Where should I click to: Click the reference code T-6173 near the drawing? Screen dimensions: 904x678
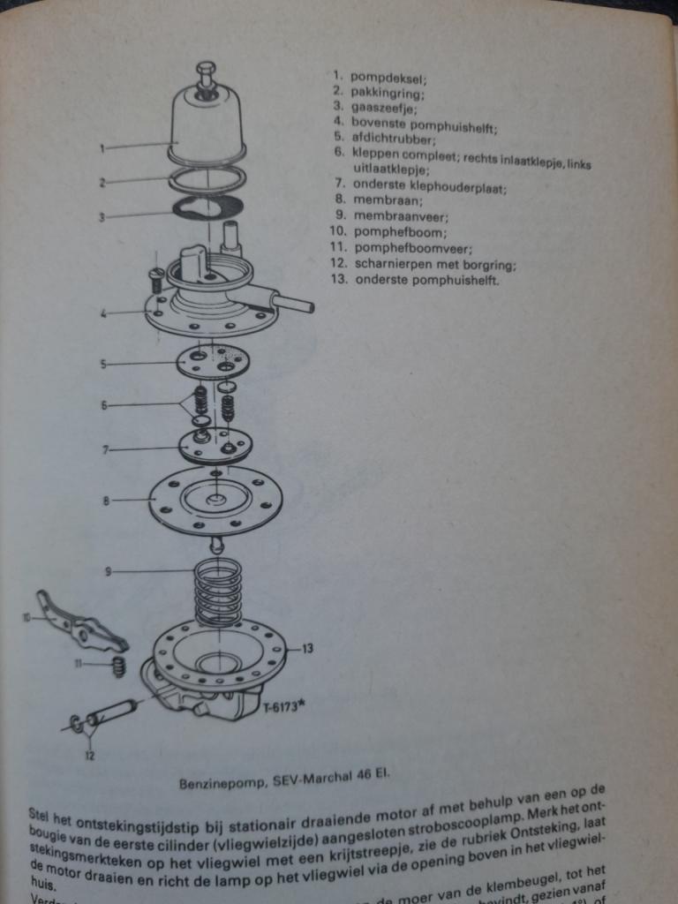281,708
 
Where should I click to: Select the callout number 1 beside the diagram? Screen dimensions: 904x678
102,148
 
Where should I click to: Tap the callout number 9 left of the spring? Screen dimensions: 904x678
108,572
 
